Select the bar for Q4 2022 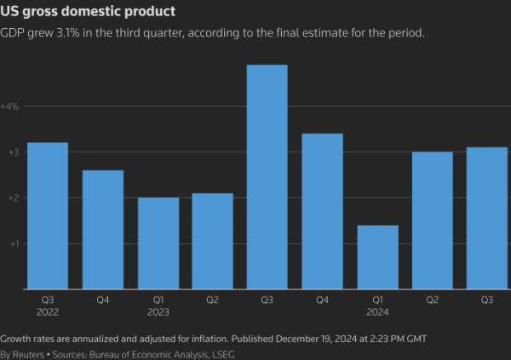pyautogui.click(x=102, y=230)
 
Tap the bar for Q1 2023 pyautogui.click(x=158, y=243)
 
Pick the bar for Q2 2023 pyautogui.click(x=213, y=241)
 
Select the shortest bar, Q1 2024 pyautogui.click(x=377, y=257)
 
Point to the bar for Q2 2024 pyautogui.click(x=432, y=220)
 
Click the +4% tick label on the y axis pyautogui.click(x=10, y=106)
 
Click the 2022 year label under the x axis pyautogui.click(x=48, y=311)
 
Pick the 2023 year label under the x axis pyautogui.click(x=158, y=311)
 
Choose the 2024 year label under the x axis pyautogui.click(x=377, y=311)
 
